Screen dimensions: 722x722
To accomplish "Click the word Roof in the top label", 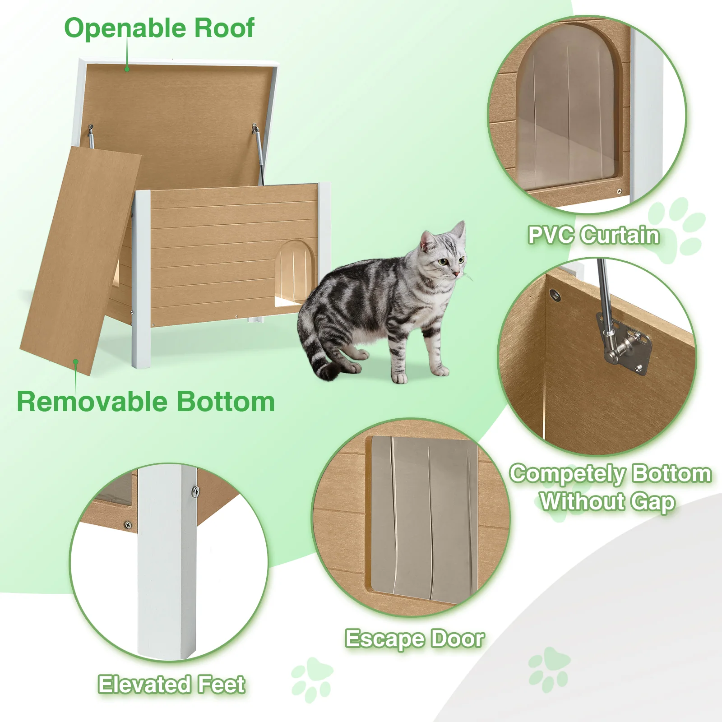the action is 224,28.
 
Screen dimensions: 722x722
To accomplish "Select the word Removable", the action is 92,402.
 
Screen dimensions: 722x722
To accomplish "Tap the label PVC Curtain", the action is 593,235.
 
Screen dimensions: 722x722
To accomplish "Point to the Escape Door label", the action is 415,639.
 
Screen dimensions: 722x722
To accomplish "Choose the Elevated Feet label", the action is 172,684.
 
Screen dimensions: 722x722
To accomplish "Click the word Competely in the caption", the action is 568,474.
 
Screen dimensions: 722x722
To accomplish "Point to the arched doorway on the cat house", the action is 294,273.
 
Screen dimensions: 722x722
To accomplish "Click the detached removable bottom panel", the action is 80,261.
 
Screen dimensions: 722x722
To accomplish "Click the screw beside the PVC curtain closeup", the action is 619,191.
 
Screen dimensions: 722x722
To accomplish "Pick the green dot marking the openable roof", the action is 127,69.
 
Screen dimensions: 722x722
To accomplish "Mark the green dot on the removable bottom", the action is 76,361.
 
